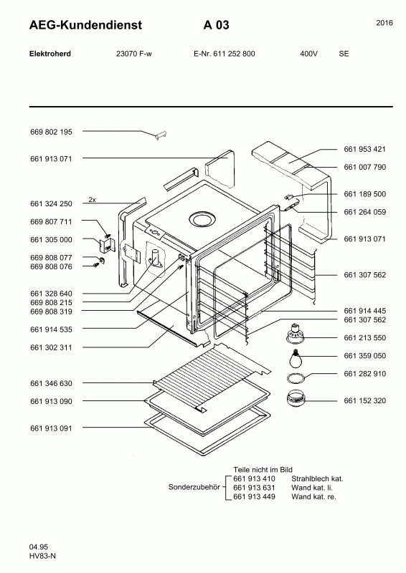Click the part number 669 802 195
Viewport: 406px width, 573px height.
[x=51, y=132]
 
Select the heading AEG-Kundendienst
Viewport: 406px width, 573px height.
[x=85, y=25]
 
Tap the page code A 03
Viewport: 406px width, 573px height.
[x=217, y=25]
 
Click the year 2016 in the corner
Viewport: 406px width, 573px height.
[x=384, y=23]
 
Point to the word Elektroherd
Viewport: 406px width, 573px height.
[x=50, y=54]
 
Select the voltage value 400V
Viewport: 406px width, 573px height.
[x=308, y=54]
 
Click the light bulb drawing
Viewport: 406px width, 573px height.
[x=295, y=359]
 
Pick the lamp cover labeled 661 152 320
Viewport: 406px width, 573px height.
[x=296, y=398]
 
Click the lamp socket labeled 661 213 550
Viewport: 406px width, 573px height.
[x=295, y=334]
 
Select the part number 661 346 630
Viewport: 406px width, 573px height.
[x=51, y=383]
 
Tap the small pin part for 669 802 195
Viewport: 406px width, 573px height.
[x=161, y=135]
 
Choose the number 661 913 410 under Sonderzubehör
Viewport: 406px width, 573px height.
[x=254, y=478]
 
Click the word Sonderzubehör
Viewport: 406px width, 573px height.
[x=194, y=488]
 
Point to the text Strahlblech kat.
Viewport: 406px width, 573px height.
[x=317, y=478]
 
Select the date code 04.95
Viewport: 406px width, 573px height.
[x=39, y=547]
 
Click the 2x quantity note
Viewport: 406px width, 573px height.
[x=93, y=200]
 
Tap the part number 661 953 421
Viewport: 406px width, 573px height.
[x=364, y=149]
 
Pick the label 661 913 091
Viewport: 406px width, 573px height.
[x=51, y=428]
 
